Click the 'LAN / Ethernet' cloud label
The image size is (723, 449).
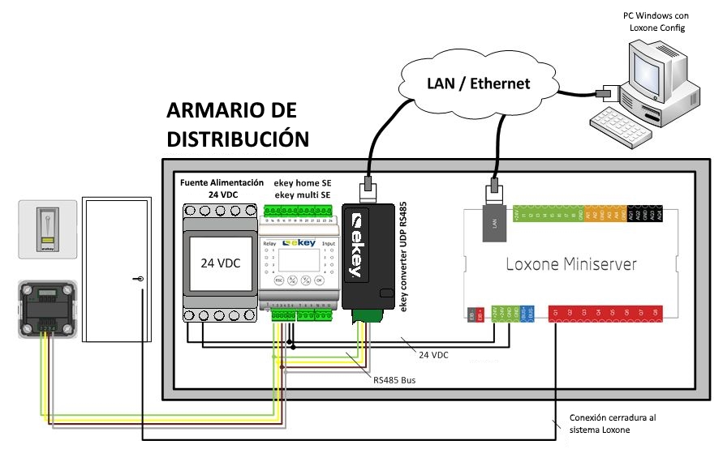point(478,83)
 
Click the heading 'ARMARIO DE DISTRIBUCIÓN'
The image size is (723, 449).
point(238,124)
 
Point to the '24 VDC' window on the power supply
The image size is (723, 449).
point(221,263)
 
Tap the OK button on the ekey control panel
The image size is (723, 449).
point(319,280)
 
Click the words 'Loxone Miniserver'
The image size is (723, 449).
point(571,263)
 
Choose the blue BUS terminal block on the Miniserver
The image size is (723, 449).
point(529,313)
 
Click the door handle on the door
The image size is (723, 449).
point(141,279)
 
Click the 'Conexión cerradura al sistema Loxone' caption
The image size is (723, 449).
point(613,423)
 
